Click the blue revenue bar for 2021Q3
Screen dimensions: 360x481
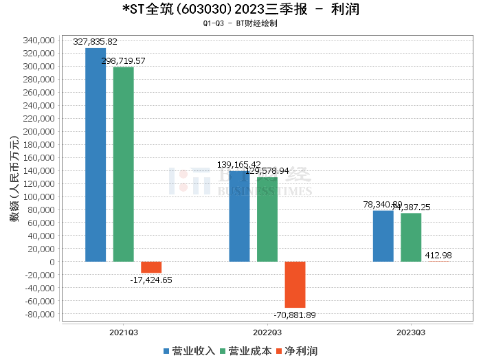point(96,155)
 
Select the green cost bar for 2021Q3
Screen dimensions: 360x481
point(123,164)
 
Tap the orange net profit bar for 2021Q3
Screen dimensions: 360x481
point(151,267)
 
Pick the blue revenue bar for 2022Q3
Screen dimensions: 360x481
point(239,216)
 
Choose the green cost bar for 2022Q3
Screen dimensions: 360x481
point(267,219)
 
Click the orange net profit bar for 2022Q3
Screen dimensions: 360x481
point(295,284)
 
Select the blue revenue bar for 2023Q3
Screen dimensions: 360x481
point(383,236)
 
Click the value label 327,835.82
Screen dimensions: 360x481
point(100,42)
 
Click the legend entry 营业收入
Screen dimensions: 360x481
point(190,351)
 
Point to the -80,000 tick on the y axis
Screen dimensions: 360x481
point(38,314)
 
